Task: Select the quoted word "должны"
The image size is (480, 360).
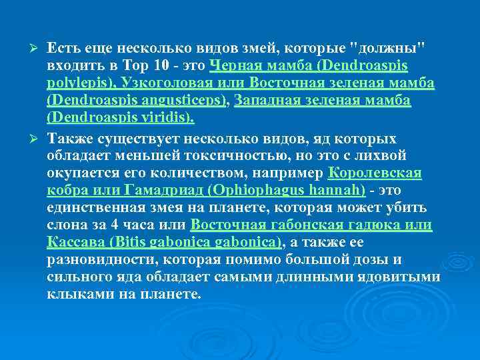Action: coord(393,49)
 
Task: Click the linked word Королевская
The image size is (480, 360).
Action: coord(375,173)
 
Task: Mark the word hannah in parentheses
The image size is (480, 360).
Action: coord(337,191)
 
